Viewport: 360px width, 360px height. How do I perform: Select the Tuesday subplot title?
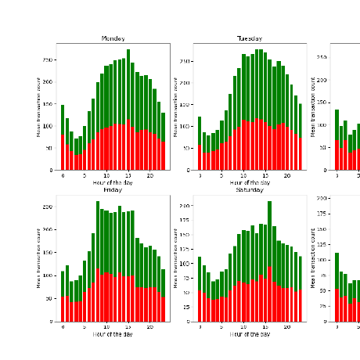point(250,38)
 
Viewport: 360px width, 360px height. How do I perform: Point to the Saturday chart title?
point(250,189)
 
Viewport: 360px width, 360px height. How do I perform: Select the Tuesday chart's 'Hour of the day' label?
point(250,182)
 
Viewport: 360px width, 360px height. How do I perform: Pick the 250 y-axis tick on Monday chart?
point(49,59)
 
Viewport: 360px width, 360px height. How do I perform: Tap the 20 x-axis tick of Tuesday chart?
point(286,175)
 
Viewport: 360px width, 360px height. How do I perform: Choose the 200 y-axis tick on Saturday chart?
point(186,206)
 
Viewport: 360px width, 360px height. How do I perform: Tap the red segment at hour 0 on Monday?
point(63,153)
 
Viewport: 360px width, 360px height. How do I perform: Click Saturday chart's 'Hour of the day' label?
point(250,334)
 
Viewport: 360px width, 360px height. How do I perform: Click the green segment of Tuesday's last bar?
point(300,121)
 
